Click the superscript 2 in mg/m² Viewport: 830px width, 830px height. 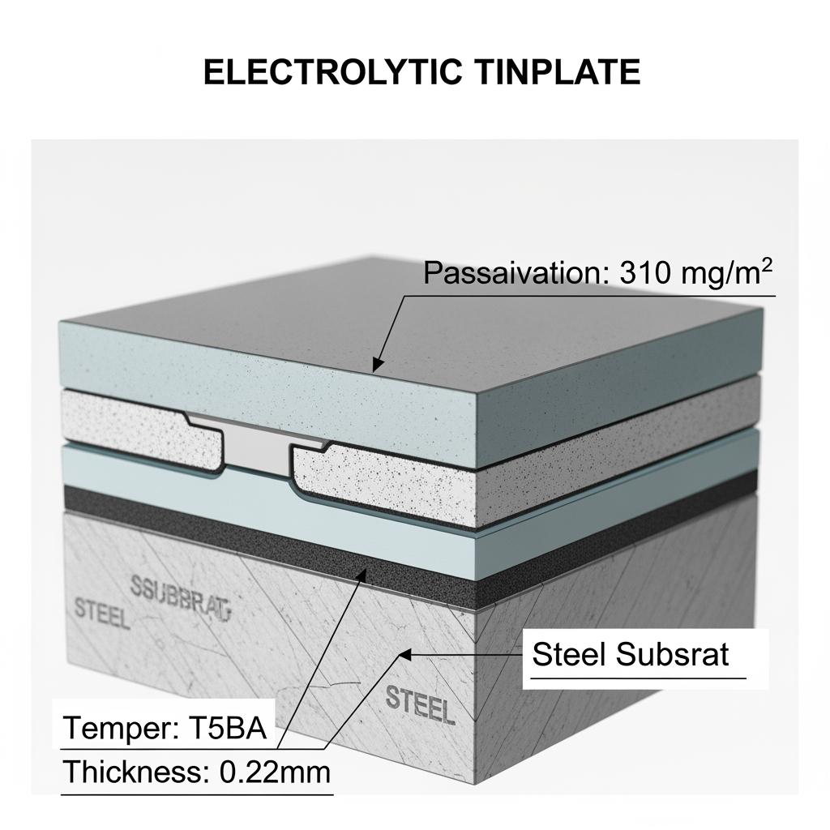[766, 264]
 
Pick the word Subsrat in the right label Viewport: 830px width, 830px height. [679, 653]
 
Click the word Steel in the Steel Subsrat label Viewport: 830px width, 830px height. [569, 653]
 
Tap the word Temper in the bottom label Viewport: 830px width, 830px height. [114, 729]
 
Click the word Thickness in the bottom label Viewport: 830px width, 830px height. [135, 772]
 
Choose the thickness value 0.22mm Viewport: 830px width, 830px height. [276, 772]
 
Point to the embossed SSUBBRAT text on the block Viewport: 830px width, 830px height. [180, 594]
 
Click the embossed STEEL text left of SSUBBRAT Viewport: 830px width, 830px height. [101, 613]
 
